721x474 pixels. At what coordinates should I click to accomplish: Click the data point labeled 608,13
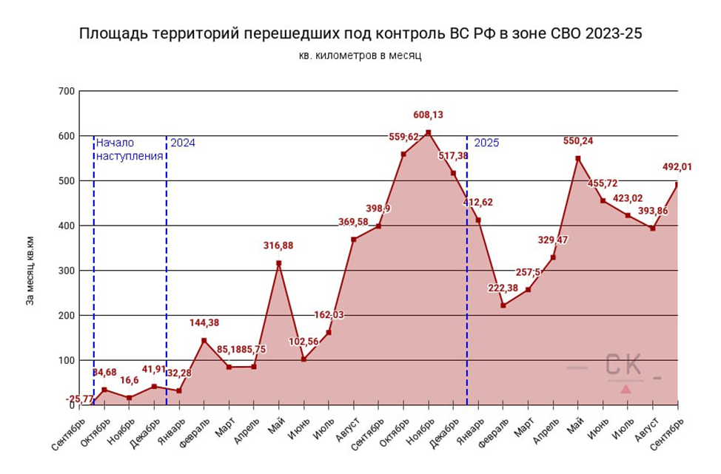[428, 132]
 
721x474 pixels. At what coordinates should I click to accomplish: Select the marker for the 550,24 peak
[578, 158]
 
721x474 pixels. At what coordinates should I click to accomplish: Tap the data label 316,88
[278, 245]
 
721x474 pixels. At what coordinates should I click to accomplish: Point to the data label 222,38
[503, 288]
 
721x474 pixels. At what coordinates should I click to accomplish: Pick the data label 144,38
[204, 322]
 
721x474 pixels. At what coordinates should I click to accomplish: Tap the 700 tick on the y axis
[67, 91]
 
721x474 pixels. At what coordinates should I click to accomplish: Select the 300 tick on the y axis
[67, 271]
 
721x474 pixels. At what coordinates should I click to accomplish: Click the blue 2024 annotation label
[183, 143]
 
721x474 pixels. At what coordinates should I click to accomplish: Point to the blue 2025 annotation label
[486, 143]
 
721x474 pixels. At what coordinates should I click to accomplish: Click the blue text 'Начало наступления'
[129, 149]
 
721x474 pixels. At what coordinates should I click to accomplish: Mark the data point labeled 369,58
[354, 240]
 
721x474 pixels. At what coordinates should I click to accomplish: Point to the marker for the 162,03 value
[329, 333]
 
